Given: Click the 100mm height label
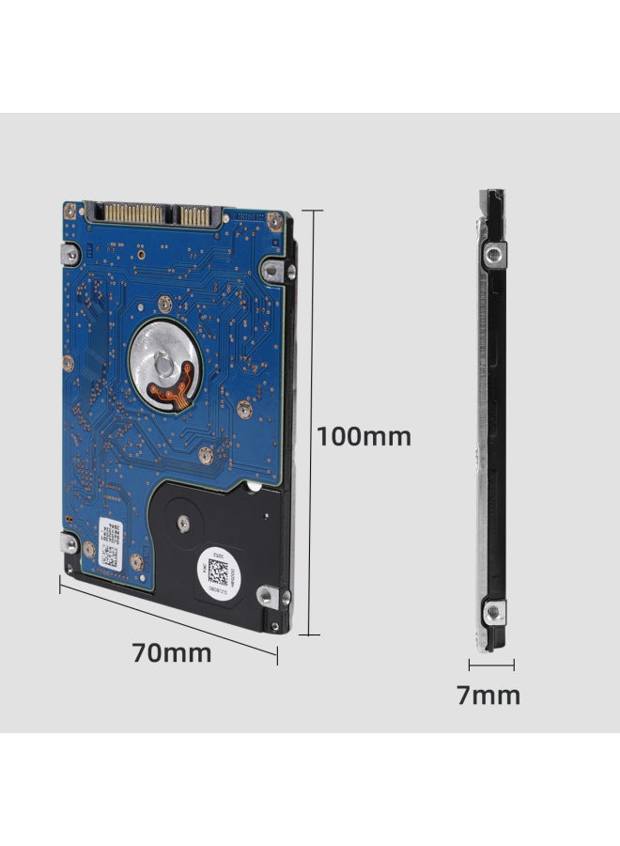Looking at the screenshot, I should tap(363, 436).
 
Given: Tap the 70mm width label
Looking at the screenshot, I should tap(171, 652).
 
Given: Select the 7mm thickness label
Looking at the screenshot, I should tap(488, 696).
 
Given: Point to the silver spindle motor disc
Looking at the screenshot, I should tap(168, 356).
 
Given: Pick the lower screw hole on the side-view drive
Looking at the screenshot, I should tap(491, 612).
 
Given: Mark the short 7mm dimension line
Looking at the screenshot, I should tap(491, 666).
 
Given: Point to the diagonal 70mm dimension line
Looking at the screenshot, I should tap(169, 620).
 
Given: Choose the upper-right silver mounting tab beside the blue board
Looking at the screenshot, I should tap(270, 270).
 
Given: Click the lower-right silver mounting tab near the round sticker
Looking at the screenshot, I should tap(270, 595).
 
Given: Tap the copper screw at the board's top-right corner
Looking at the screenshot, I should tap(273, 221).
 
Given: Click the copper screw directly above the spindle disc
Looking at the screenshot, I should tap(164, 303).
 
